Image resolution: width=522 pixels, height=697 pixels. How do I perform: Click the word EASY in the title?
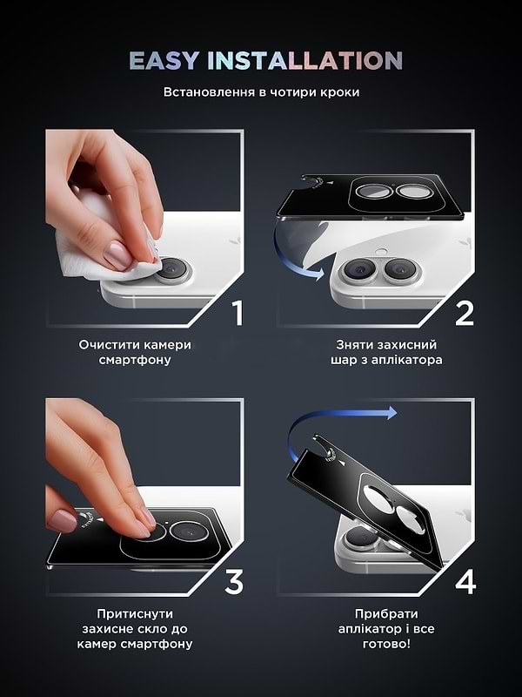point(163,60)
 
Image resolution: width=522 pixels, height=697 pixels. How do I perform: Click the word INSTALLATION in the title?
point(303,60)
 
